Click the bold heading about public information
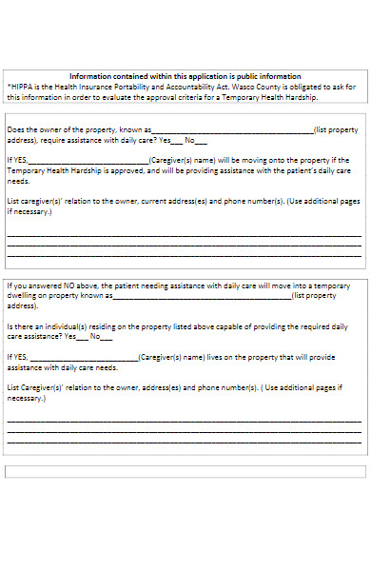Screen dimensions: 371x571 click(185, 76)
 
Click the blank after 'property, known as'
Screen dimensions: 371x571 click(232, 130)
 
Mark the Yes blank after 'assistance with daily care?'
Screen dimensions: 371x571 click(178, 140)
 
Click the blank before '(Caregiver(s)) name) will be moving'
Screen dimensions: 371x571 click(88, 162)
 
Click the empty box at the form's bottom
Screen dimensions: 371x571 click(185, 471)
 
